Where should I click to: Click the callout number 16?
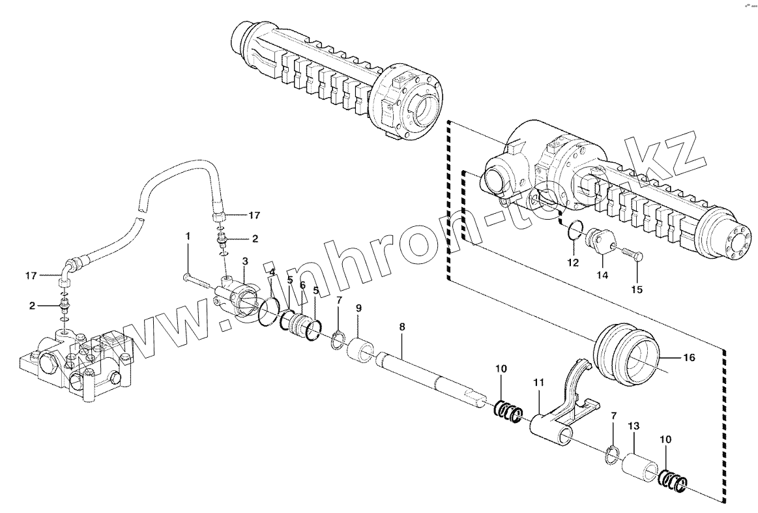(688, 358)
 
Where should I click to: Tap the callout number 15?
(635, 289)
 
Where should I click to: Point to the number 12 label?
(572, 263)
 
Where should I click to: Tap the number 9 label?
(358, 308)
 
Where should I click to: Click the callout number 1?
(188, 235)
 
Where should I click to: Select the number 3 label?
(244, 261)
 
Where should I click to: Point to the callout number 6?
(302, 285)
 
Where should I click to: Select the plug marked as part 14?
(599, 242)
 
